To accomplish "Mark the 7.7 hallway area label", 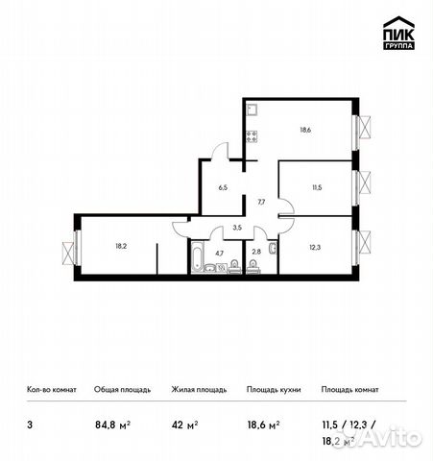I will (260, 203).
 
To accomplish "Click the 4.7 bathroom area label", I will (219, 254).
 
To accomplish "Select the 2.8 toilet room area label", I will (255, 254).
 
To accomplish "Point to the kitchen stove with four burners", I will (253, 136).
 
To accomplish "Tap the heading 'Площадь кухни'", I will (274, 390).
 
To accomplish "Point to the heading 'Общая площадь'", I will (122, 390).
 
